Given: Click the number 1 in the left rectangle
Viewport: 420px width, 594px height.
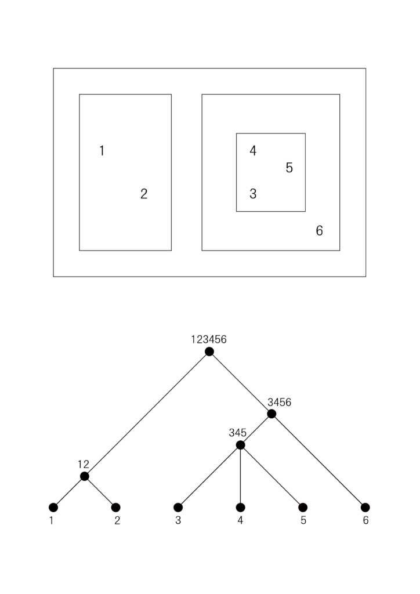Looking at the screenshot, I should coord(102,151).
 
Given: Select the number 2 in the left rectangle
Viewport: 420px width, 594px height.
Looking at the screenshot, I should coord(144,194).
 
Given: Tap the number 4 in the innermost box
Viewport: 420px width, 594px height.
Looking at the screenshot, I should coord(253,151).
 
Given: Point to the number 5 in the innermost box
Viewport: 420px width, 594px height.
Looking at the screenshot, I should coord(289,168).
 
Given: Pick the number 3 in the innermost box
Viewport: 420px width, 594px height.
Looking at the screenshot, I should coord(253,194).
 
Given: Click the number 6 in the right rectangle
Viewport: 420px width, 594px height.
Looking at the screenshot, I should coord(320,231).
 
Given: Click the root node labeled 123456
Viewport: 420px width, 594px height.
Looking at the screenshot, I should coord(209,352).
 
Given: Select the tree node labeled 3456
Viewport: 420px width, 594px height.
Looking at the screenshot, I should coord(271,414).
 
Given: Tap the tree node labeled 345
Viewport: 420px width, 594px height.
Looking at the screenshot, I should coord(241,445).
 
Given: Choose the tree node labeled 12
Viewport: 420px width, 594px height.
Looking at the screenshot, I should coord(85,476).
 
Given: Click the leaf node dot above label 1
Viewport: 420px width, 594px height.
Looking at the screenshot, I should coord(53,508).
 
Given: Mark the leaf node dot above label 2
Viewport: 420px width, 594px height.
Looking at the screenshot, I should coord(116,508).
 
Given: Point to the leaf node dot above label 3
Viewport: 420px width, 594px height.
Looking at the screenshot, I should coord(178,508).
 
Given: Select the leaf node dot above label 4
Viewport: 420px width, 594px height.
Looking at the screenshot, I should coord(241,508).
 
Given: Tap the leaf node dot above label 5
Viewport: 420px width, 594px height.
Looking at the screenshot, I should coord(303,508).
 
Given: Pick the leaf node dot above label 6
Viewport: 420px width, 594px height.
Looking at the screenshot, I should coord(365,508).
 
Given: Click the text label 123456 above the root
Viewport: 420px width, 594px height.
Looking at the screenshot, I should coord(209,340).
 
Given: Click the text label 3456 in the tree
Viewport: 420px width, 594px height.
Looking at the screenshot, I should coord(280,402).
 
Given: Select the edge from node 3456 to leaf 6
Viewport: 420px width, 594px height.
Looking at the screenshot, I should coord(318,461).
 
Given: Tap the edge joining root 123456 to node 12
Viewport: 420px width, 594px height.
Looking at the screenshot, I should coord(147,414).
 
